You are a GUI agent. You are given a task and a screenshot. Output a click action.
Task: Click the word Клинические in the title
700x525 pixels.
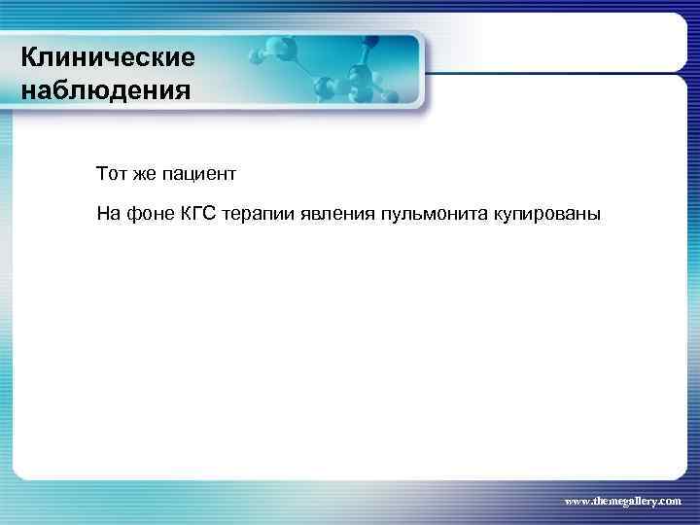coord(108,58)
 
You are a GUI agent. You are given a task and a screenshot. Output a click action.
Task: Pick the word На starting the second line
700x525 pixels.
coord(107,213)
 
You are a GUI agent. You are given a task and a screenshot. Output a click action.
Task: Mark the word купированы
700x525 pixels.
coord(550,213)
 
